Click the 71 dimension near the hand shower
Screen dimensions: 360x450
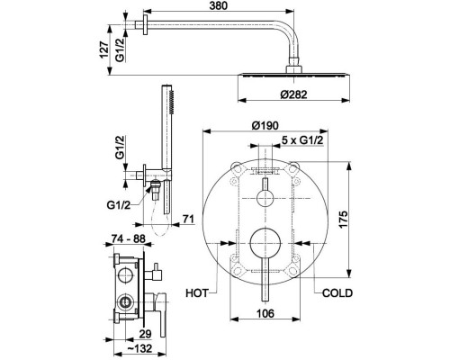pos(187,217)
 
